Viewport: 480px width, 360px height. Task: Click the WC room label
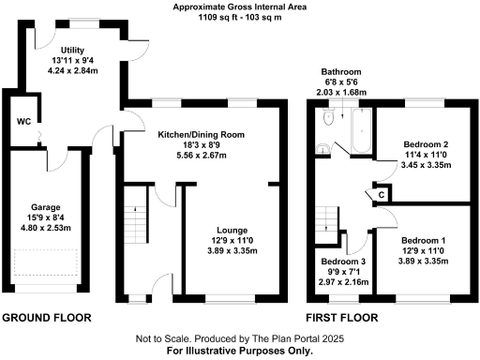(x=24, y=122)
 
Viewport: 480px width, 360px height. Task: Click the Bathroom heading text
(x=342, y=71)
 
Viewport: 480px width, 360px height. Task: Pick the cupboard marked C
(x=382, y=194)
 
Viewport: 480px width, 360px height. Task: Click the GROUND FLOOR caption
(x=46, y=318)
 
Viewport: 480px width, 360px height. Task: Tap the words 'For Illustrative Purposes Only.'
(x=239, y=351)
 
